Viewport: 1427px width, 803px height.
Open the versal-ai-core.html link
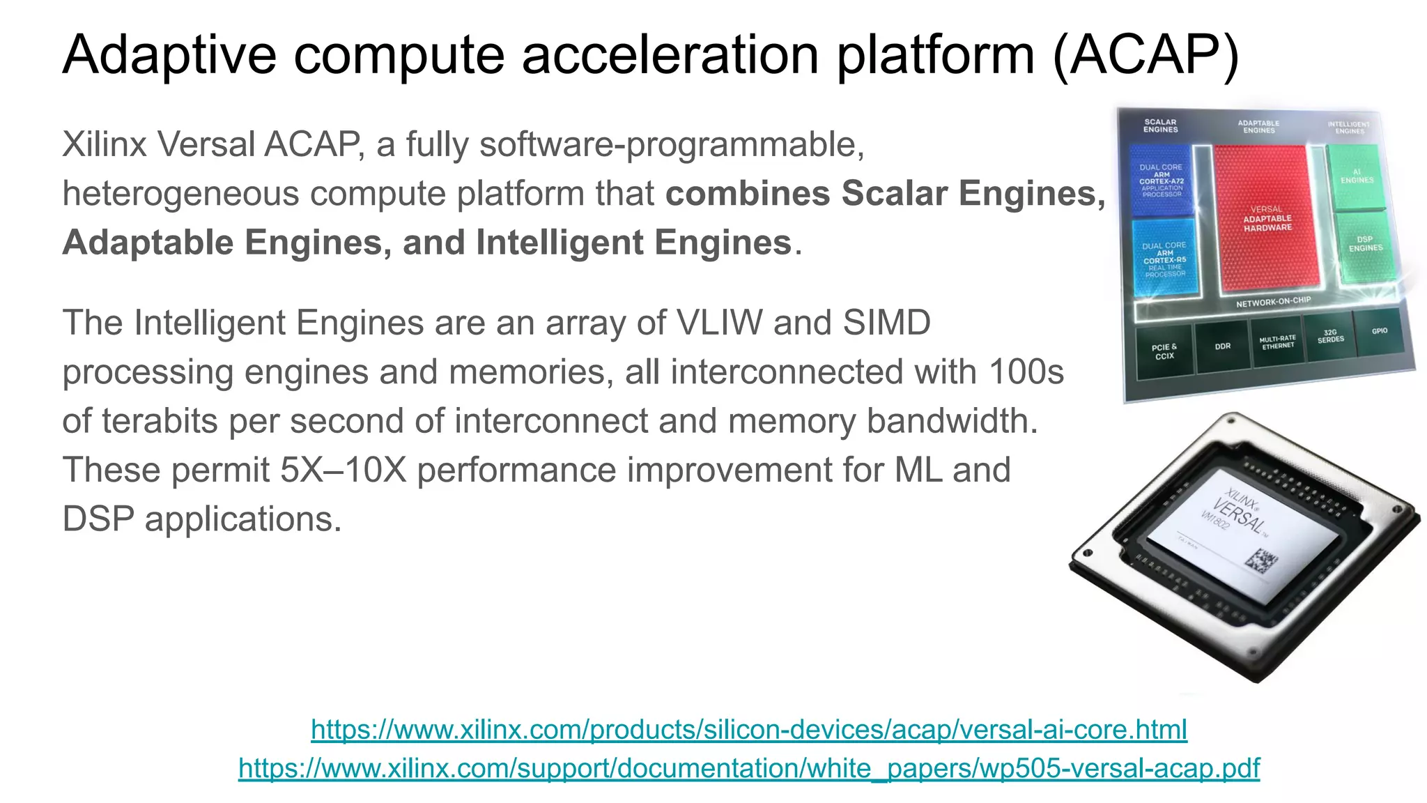click(749, 730)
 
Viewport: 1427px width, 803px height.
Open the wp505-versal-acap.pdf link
click(749, 768)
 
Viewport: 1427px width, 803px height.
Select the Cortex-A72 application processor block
click(1162, 180)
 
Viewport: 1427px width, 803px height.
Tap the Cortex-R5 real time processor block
click(1165, 259)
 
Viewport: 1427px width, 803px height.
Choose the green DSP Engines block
click(1364, 244)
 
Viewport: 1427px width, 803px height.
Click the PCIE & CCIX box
click(1164, 351)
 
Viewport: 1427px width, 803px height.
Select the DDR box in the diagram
click(1223, 346)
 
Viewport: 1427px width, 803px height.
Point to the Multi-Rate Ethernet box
click(1277, 342)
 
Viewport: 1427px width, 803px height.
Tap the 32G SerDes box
click(1330, 336)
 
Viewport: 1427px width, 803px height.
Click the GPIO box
click(1379, 331)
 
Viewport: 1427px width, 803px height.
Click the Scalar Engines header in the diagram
click(1160, 125)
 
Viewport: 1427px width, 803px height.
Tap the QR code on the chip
click(1261, 560)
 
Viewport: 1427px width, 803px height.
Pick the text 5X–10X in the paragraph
click(343, 471)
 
